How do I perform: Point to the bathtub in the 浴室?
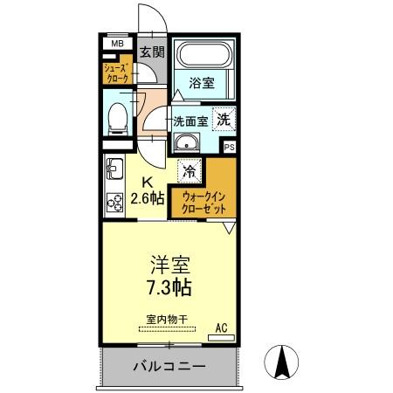[203, 57]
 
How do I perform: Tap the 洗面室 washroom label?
[190, 121]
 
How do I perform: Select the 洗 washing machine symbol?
[224, 120]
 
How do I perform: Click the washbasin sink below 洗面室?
[184, 144]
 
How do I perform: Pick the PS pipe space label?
[230, 147]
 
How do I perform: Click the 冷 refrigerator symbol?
[189, 169]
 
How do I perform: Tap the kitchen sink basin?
[114, 166]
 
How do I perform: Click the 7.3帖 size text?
[169, 286]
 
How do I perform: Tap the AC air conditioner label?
[221, 327]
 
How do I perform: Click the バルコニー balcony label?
[169, 366]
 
